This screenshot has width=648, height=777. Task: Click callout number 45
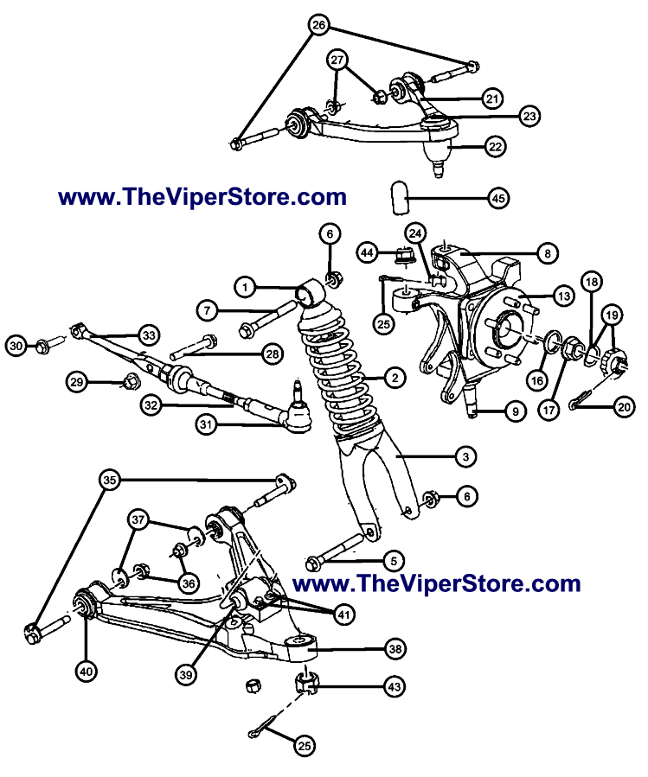point(497,198)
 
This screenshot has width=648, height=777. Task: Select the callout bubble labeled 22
point(494,148)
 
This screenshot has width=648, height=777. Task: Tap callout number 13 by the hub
point(564,296)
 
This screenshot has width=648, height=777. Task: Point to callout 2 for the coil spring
point(393,378)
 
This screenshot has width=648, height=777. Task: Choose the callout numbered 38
point(394,648)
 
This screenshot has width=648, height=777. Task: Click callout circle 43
point(393,687)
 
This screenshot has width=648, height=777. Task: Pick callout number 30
point(16,347)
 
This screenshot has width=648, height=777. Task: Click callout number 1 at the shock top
point(246,286)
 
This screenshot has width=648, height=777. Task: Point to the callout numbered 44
point(369,252)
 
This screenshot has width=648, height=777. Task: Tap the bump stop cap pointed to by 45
point(400,196)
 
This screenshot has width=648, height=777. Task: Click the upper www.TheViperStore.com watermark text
point(202,197)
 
